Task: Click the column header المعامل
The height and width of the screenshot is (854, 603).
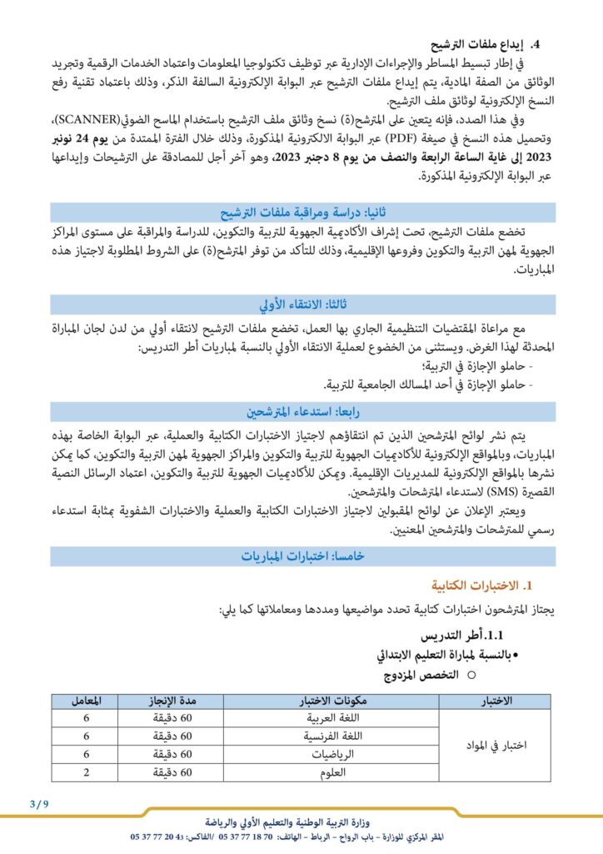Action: (87, 699)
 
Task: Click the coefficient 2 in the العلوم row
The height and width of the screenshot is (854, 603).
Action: (87, 771)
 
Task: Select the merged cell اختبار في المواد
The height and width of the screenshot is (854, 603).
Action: (497, 744)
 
